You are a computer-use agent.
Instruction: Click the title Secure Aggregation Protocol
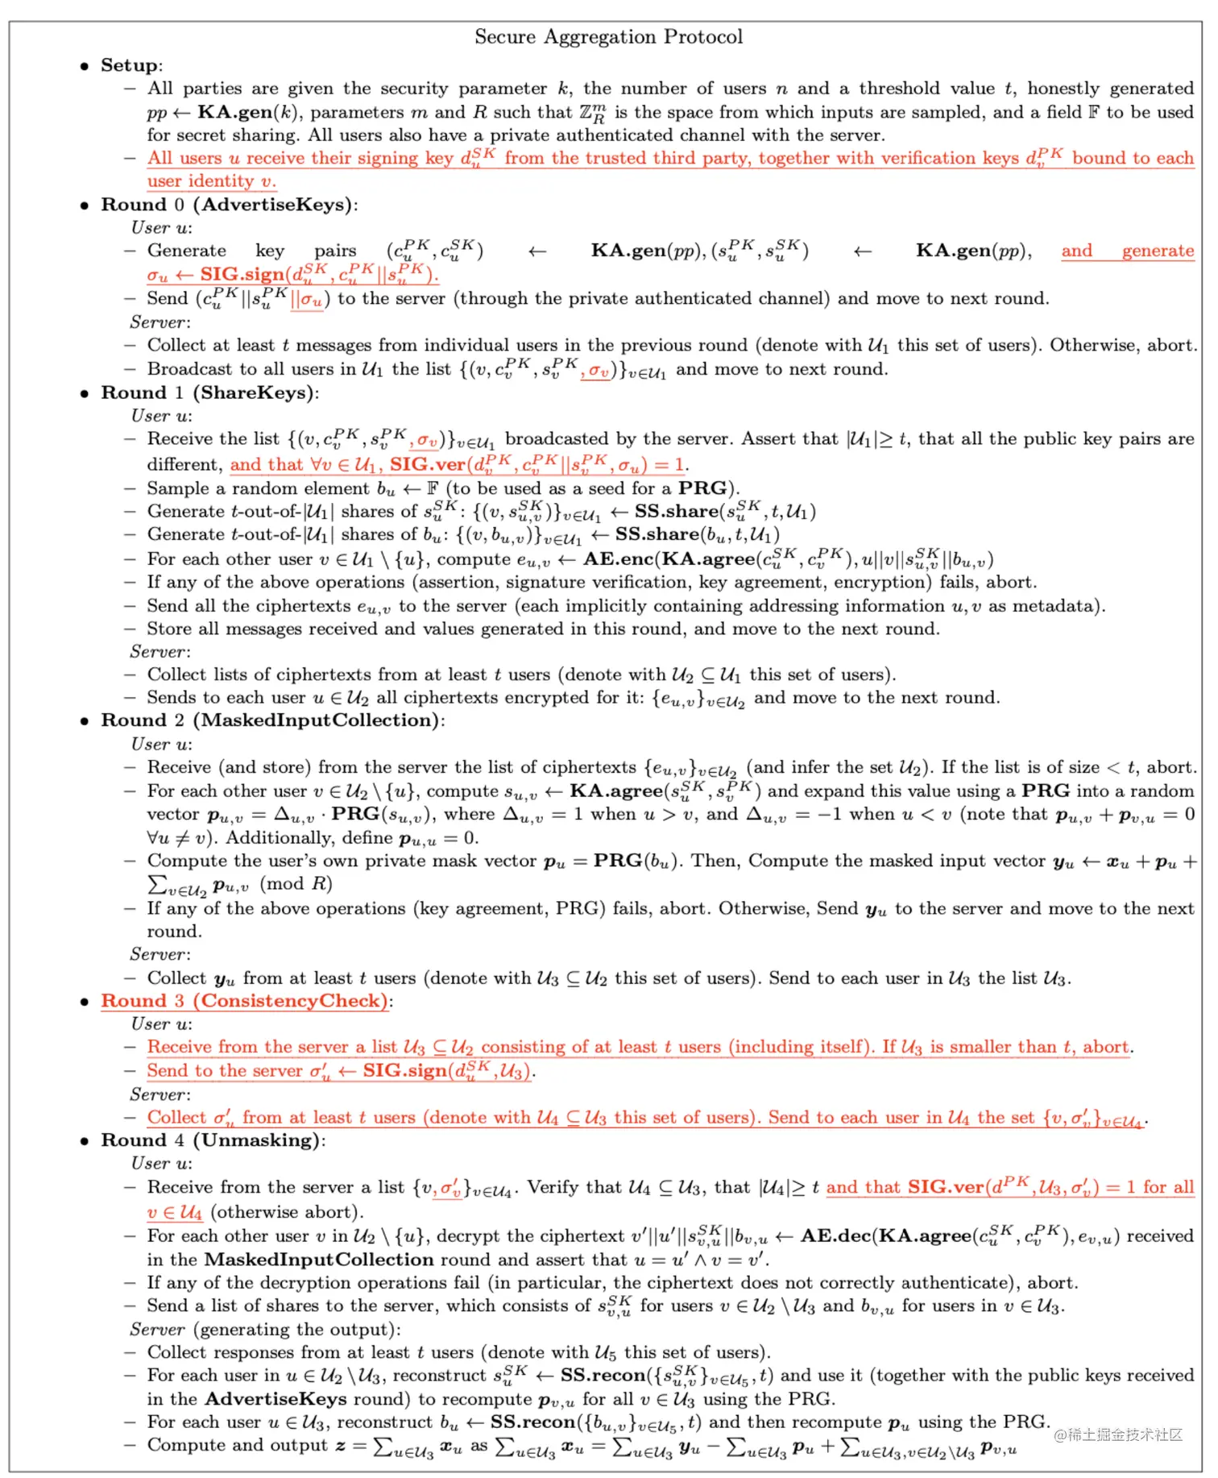click(x=608, y=37)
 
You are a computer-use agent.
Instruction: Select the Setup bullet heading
click(x=130, y=65)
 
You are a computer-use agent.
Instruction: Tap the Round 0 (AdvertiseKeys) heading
click(x=229, y=205)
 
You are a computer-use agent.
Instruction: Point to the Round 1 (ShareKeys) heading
click(x=209, y=392)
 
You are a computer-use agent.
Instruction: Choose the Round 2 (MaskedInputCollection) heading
click(x=272, y=720)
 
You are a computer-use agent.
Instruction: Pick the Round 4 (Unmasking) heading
click(x=213, y=1140)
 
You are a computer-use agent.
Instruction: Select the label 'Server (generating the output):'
click(x=265, y=1329)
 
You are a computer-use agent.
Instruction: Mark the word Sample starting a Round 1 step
click(x=177, y=488)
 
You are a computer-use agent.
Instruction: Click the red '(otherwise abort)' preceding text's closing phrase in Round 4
click(x=287, y=1212)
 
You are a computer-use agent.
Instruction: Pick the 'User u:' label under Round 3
click(x=162, y=1024)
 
